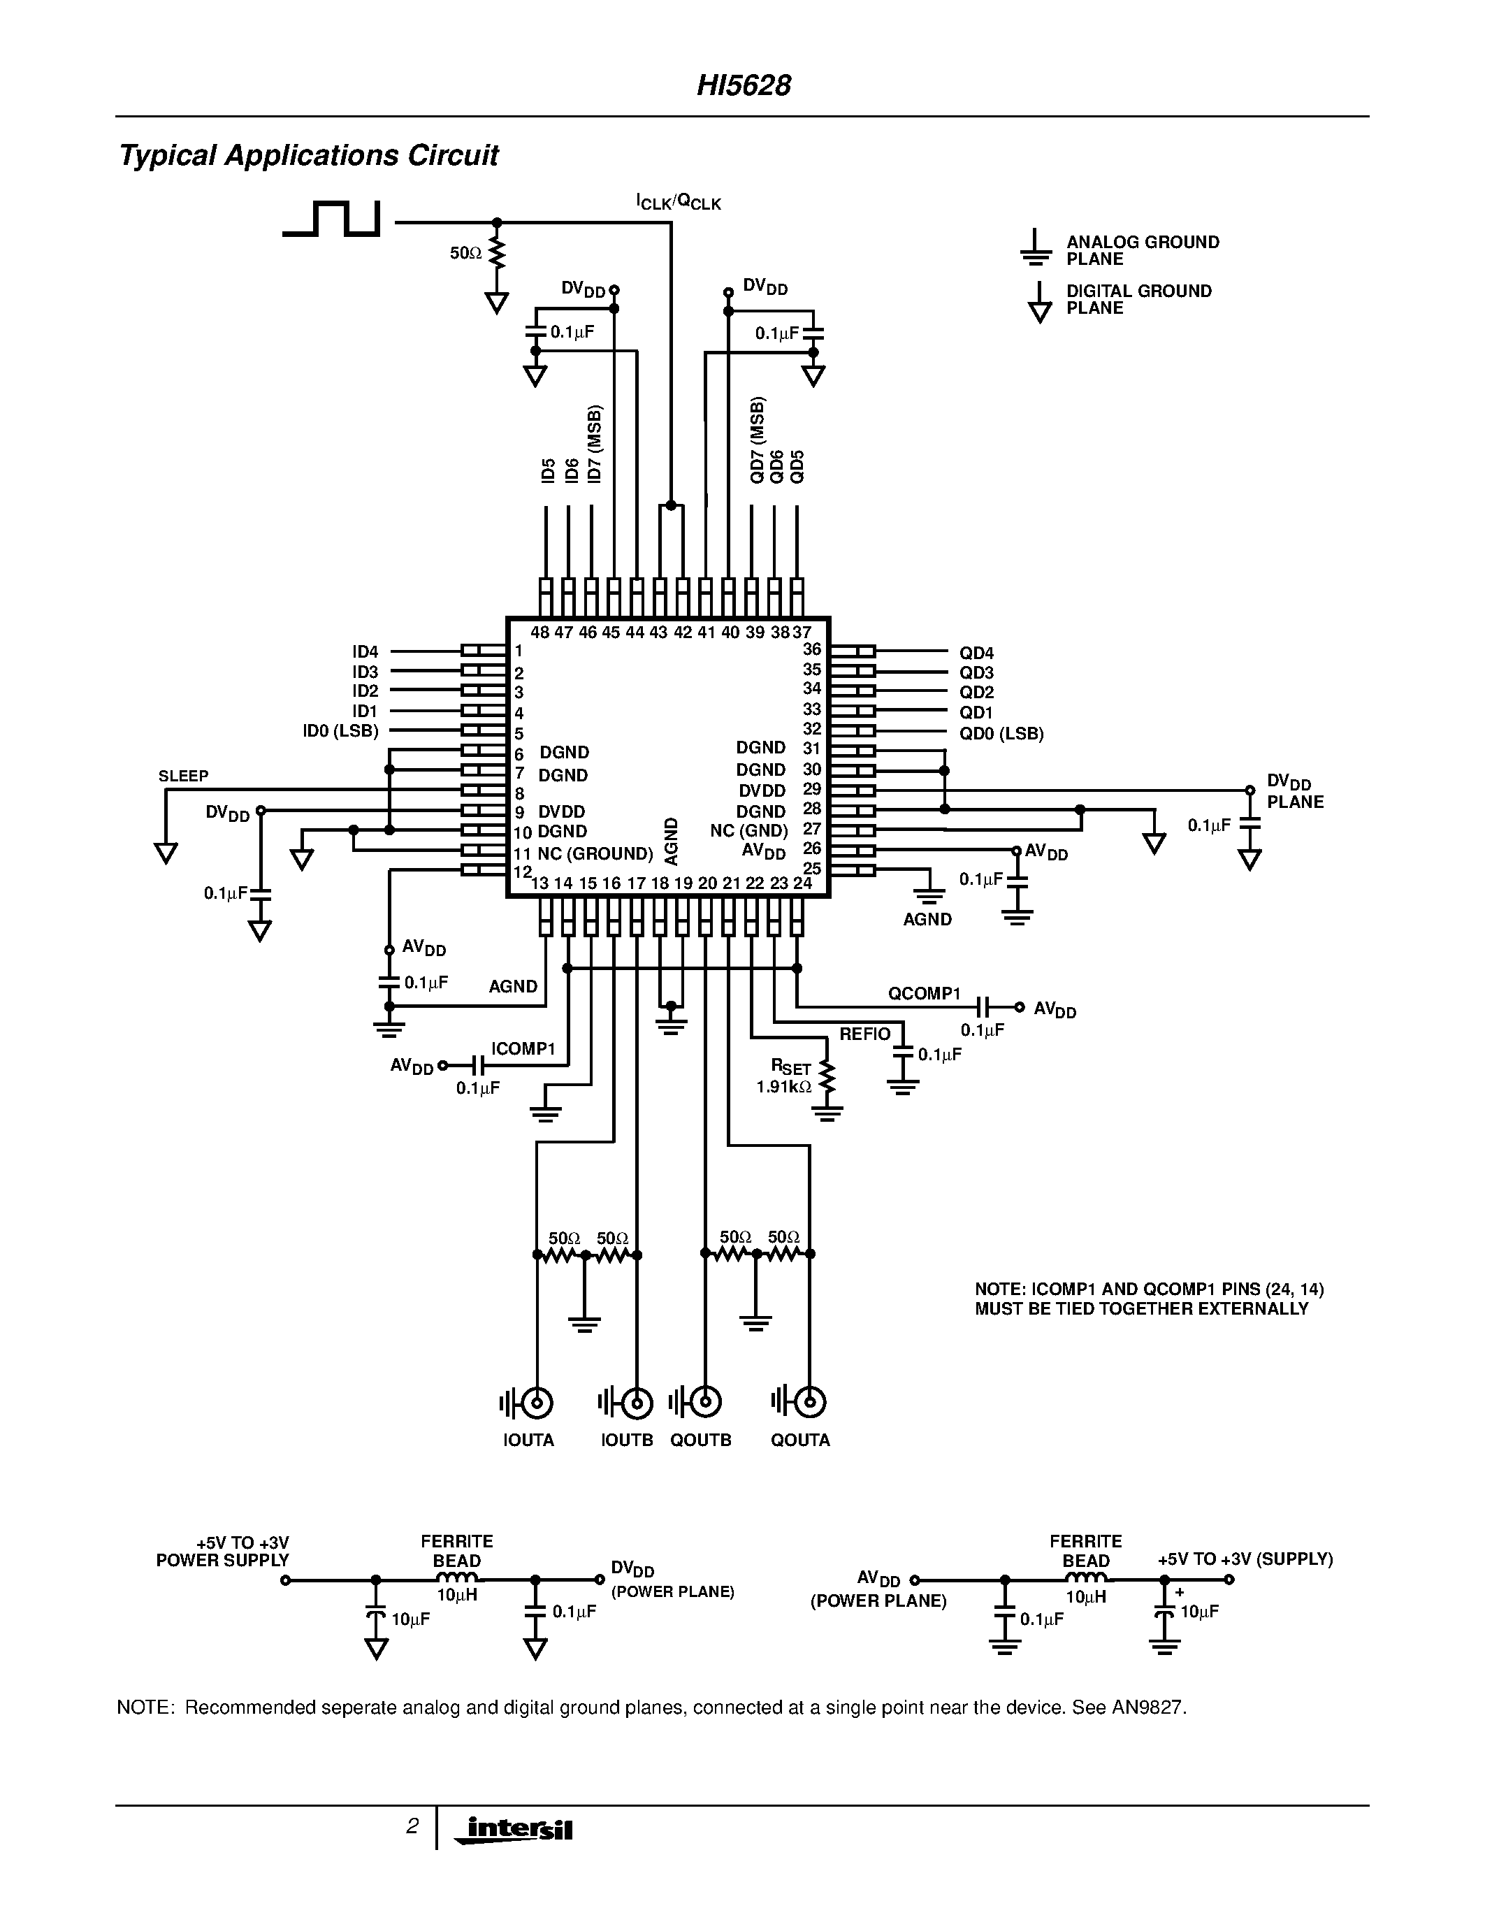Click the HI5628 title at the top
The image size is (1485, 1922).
[744, 85]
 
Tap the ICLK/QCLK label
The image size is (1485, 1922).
[679, 203]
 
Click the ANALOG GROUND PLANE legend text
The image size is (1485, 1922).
[1142, 250]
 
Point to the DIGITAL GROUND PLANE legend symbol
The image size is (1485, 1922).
[1040, 303]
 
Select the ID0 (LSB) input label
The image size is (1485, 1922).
[340, 731]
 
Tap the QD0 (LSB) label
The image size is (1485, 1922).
[1001, 733]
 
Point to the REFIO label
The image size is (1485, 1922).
[864, 1034]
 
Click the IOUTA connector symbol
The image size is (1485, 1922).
[537, 1403]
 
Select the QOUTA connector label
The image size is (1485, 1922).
[799, 1440]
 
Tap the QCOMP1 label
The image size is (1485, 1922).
[923, 994]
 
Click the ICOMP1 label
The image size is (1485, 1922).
[523, 1048]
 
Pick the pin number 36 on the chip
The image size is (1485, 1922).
[811, 649]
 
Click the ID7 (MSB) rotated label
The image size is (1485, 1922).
[595, 445]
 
